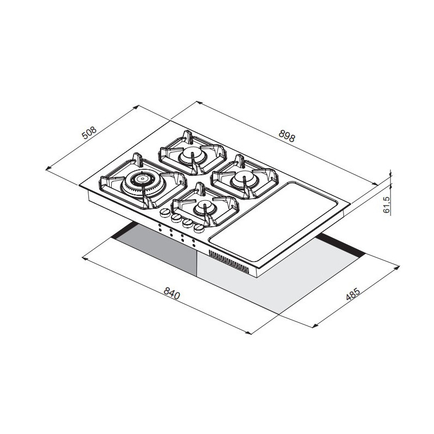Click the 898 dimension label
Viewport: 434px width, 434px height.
click(287, 136)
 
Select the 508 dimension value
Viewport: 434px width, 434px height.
click(90, 133)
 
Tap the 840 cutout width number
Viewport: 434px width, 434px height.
click(172, 293)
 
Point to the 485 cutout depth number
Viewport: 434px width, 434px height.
click(353, 294)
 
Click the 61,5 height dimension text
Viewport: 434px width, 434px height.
click(386, 205)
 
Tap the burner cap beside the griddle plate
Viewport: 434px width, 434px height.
click(244, 178)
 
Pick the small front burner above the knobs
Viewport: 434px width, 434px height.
click(205, 207)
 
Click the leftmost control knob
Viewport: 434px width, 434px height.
click(165, 213)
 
